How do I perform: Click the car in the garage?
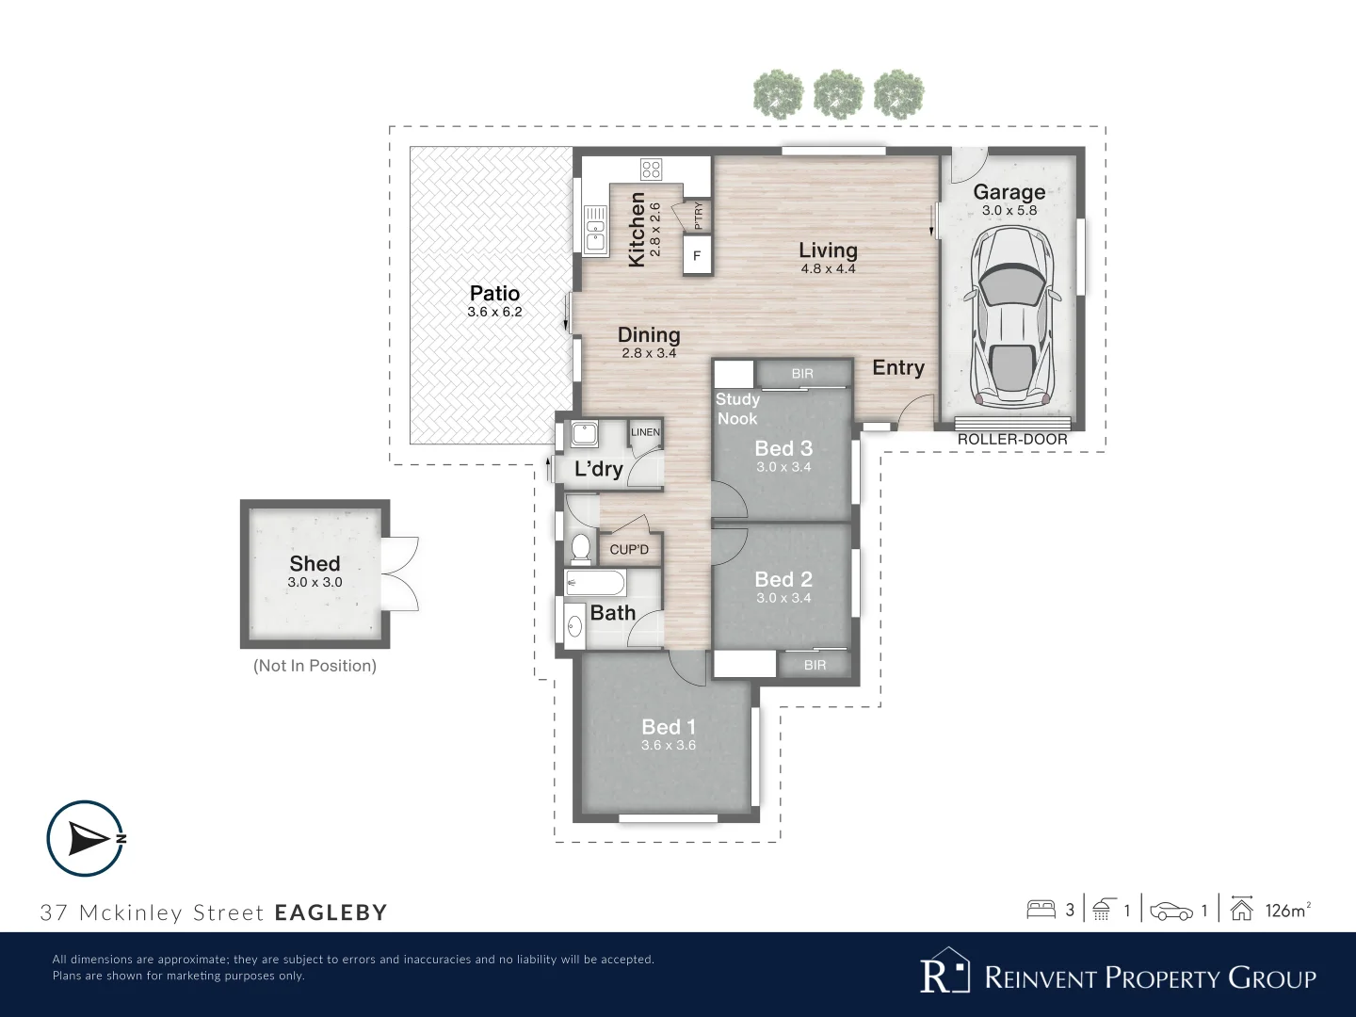coord(1011,316)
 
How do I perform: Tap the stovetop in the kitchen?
coord(651,169)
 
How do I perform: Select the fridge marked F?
coord(698,255)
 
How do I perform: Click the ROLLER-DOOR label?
coord(1012,440)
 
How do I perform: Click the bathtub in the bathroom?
coord(595,582)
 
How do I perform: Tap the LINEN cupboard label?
coord(646,432)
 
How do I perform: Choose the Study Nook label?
coord(737,409)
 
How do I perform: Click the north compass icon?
coord(86,838)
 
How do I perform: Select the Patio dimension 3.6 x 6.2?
coord(494,312)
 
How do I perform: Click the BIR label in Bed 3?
coord(802,374)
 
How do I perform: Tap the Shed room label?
coord(315,563)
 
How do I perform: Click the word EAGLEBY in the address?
coord(331,912)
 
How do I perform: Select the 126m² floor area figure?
coord(1287,911)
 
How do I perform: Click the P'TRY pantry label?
coord(699,217)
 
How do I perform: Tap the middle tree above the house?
coord(838,94)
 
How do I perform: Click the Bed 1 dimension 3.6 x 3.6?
coord(669,745)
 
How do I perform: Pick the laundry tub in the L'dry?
coord(584,433)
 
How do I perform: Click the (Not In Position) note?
coord(315,666)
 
